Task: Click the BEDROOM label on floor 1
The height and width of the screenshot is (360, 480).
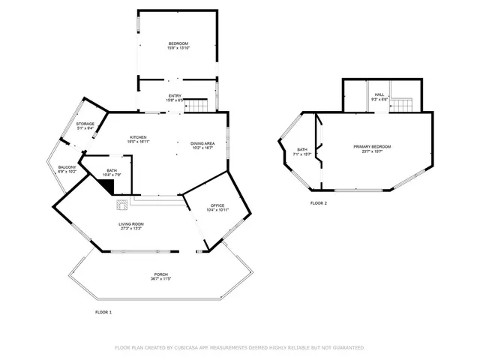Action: point(178,44)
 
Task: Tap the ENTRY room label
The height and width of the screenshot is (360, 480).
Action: point(174,95)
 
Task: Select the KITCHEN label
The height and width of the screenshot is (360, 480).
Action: point(138,137)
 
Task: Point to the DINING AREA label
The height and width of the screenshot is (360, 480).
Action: point(202,143)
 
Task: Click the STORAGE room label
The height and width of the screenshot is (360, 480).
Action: point(85,124)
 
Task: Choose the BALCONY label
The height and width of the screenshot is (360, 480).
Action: point(67,167)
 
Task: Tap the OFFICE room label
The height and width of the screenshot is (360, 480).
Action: point(217,205)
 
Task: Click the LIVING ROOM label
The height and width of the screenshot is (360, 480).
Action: point(131,224)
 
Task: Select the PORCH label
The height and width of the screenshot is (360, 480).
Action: point(161,274)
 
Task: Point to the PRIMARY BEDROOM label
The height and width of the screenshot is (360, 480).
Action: point(373,147)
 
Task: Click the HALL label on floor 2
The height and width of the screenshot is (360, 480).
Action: point(379,94)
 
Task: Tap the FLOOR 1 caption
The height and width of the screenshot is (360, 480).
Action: point(103,311)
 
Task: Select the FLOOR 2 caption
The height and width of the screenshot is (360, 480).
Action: point(318,202)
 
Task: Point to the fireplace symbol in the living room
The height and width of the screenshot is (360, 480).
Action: point(121,202)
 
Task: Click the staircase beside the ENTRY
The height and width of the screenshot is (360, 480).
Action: point(196,106)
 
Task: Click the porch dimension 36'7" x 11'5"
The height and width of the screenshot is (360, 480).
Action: point(161,279)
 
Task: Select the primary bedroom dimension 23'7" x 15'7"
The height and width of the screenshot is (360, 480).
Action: point(373,152)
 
